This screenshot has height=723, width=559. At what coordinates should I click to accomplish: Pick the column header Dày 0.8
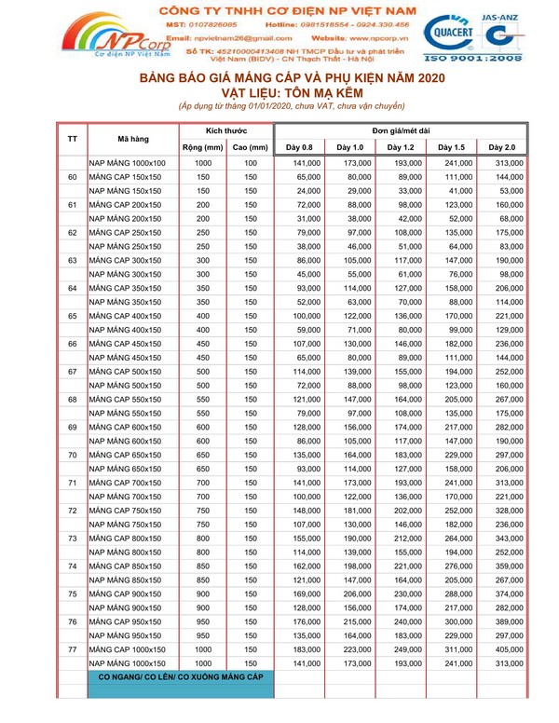point(299,147)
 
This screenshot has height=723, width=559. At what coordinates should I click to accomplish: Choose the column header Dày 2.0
point(502,147)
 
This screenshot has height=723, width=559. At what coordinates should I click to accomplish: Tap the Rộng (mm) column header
point(201,147)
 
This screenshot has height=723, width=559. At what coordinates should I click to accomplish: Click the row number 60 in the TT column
point(73,177)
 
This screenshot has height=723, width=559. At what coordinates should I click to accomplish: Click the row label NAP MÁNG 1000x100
point(128,163)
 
